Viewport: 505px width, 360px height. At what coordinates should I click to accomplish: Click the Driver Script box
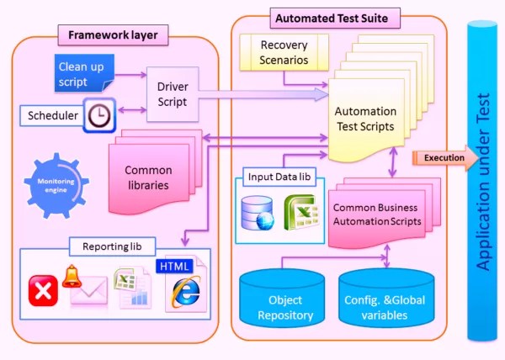pyautogui.click(x=173, y=94)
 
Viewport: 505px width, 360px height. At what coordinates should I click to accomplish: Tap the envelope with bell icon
pyautogui.click(x=86, y=286)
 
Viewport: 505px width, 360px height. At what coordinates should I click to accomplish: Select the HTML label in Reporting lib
pyautogui.click(x=174, y=266)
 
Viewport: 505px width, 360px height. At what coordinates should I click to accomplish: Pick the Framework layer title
pyautogui.click(x=113, y=36)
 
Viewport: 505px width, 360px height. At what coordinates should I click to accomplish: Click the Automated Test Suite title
pyautogui.click(x=337, y=16)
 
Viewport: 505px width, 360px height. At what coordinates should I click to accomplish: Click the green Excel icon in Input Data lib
pyautogui.click(x=299, y=214)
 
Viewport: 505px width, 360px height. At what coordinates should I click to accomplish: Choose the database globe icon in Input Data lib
pyautogui.click(x=256, y=214)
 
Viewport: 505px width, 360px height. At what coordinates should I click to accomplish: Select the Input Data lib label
pyautogui.click(x=278, y=177)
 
